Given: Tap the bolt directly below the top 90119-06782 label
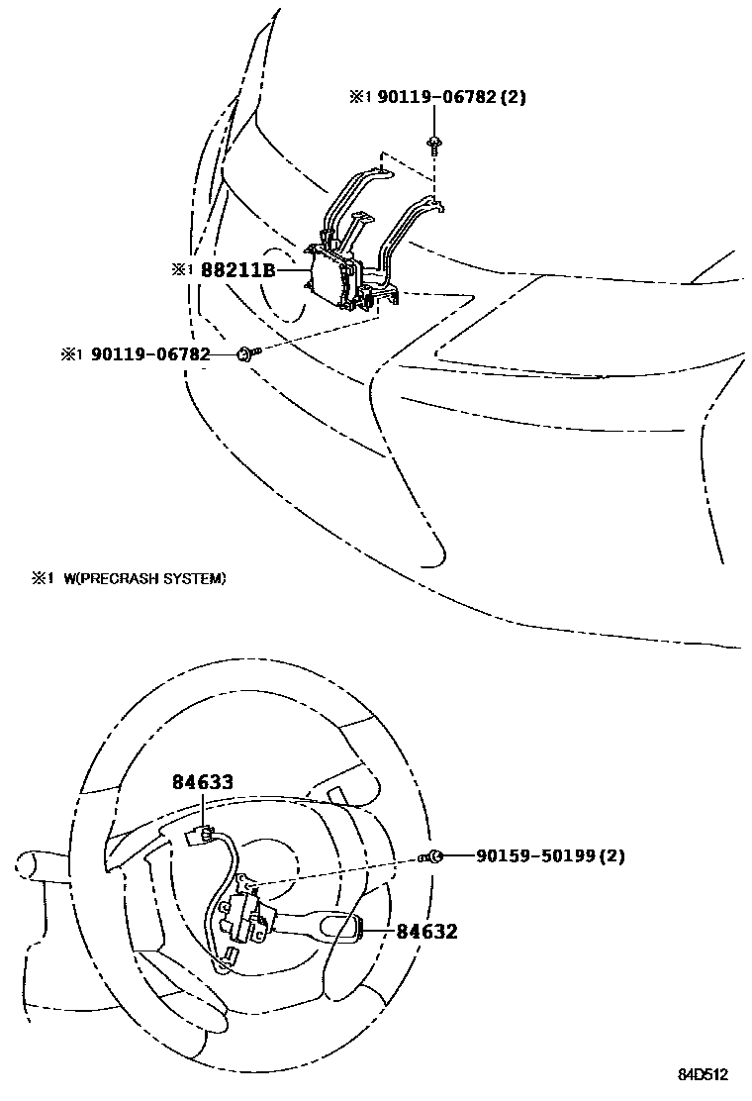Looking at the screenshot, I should click(x=434, y=145).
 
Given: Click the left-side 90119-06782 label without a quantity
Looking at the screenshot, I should click(x=150, y=353).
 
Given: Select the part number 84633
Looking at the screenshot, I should click(x=202, y=782).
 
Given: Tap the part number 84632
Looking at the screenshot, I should click(x=426, y=931).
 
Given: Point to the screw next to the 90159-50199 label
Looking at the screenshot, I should click(x=431, y=856).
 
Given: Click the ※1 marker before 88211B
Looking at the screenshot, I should click(x=179, y=269).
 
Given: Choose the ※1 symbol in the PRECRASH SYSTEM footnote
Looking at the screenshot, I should click(x=41, y=578).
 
